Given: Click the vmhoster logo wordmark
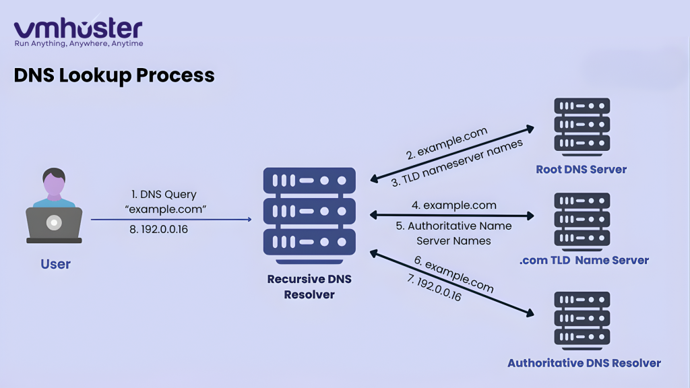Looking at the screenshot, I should [78, 28].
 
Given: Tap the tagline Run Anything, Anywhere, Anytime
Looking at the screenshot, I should [79, 44].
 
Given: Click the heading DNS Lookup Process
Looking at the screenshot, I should [114, 75].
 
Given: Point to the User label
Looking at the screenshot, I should [55, 264].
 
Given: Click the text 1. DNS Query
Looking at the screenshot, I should [163, 195].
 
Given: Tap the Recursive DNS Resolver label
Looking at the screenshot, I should [309, 286].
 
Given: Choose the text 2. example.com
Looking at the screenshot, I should [447, 141].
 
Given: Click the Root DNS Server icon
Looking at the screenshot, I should [582, 126].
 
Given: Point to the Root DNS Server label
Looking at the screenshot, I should [581, 170].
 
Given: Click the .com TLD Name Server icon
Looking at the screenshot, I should [582, 221].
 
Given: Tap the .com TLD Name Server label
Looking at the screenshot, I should [584, 260].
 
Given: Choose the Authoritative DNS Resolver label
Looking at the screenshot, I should [584, 363].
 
